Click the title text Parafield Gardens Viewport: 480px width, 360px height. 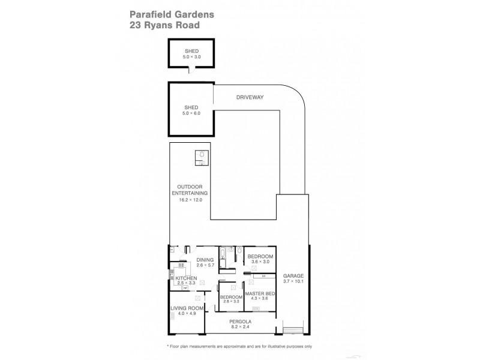coord(166,14)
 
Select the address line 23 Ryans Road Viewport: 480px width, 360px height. coord(166,25)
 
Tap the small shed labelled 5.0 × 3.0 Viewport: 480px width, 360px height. coord(191,54)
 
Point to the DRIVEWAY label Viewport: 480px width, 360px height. coord(249,97)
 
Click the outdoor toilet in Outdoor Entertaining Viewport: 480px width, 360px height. coord(202,155)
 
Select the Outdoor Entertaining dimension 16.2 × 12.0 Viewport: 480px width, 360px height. coord(191,200)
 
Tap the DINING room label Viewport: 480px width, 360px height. coord(205,259)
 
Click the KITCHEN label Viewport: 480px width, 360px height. coord(184,278)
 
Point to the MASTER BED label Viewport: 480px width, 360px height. coord(259,293)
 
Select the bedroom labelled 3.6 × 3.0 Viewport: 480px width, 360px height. coord(259,259)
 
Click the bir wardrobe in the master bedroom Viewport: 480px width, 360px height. coord(263,276)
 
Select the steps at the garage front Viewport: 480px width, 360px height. coord(293,330)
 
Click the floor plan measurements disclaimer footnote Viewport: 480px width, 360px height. coord(239,347)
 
